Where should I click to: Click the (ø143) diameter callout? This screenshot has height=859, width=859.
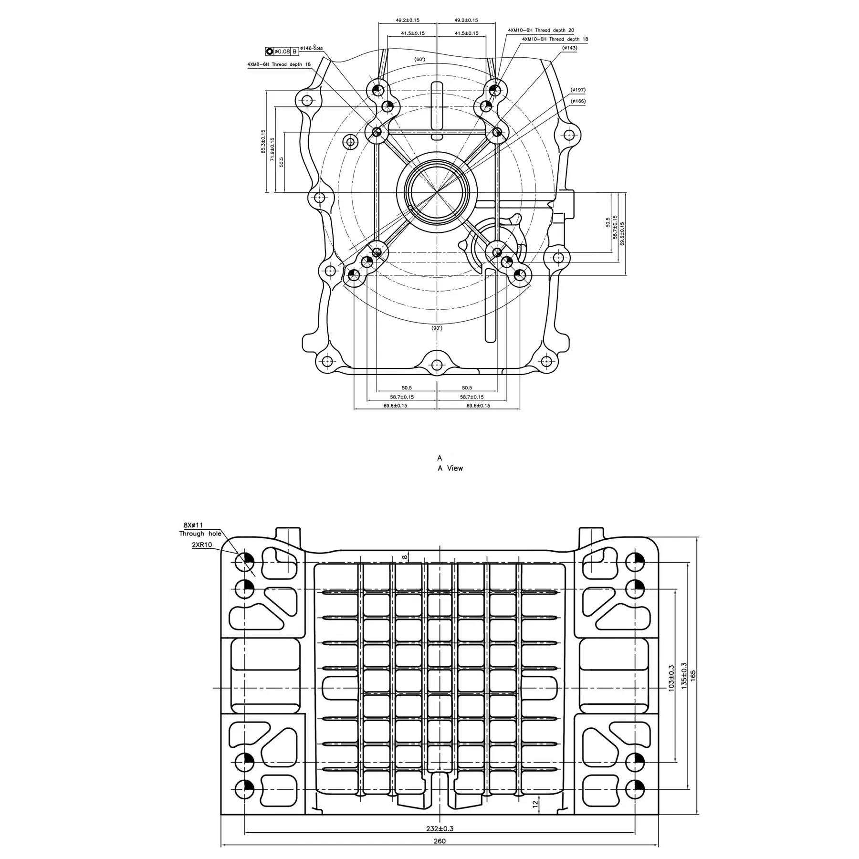pos(569,48)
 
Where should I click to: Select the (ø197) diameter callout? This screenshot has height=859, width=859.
pos(578,90)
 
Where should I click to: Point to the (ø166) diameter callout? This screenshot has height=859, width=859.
pos(578,101)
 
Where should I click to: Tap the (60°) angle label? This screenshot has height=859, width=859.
pos(419,59)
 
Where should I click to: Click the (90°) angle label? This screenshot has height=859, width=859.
pos(437,328)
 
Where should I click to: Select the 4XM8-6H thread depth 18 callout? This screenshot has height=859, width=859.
pos(279,64)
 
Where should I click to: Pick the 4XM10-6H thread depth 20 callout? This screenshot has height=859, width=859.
pos(541,30)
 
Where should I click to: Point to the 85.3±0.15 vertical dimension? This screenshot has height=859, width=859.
pos(263,142)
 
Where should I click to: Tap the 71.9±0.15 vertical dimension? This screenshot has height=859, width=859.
pos(272,149)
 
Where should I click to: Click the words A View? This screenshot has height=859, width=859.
pos(450,468)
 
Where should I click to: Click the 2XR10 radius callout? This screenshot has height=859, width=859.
pos(202,545)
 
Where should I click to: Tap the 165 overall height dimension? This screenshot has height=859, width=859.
pos(693,675)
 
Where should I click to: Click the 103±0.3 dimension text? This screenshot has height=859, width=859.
pos(671,678)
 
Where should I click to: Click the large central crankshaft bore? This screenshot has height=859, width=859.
pos(437,192)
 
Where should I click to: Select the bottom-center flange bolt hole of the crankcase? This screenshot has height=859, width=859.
pos(437,365)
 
